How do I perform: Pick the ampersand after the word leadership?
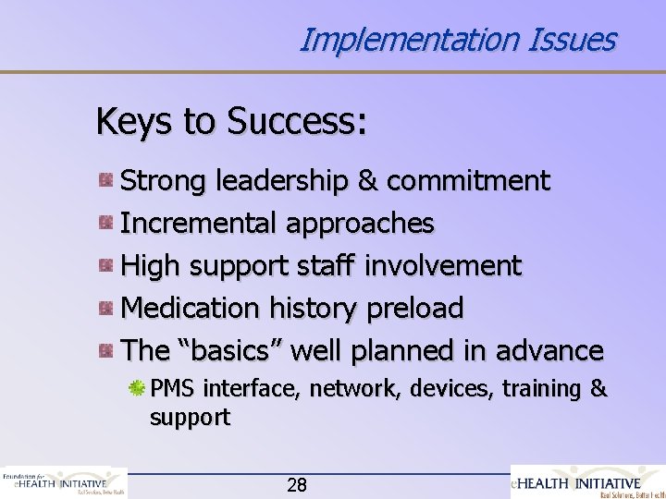(370, 180)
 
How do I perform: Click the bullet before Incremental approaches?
(108, 223)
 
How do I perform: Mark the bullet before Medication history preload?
(108, 309)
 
